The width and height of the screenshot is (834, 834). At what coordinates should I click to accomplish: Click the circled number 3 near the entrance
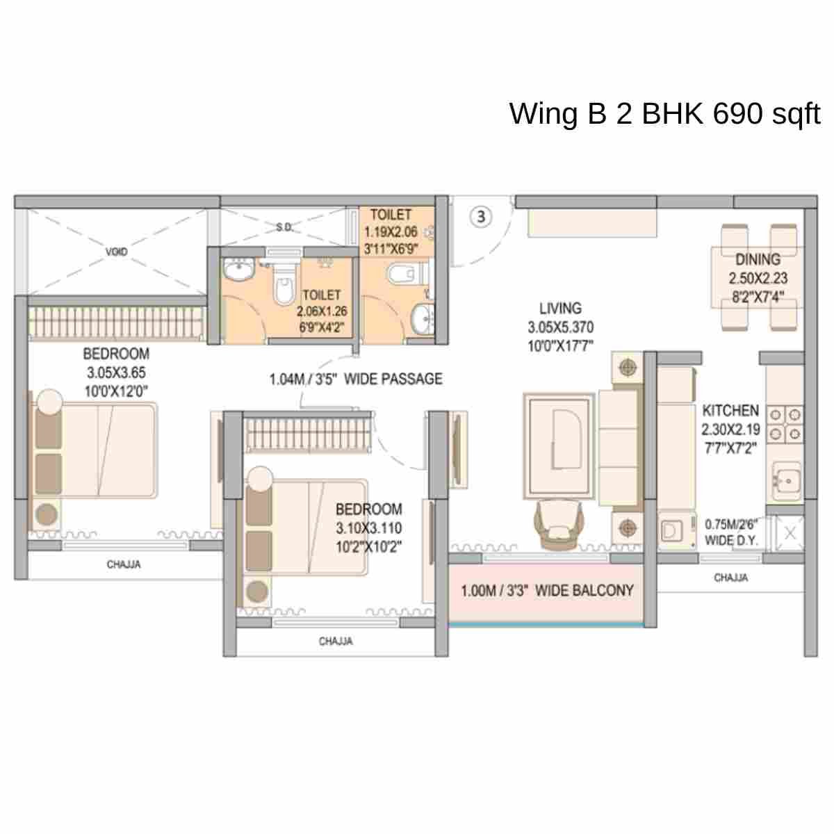pos(482,217)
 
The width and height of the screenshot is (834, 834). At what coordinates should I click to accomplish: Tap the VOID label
pos(117,251)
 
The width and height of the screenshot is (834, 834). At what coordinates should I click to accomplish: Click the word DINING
pos(758,259)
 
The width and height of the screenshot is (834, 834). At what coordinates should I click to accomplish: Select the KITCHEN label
pos(730,410)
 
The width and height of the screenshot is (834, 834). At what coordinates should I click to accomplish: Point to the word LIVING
pos(560,308)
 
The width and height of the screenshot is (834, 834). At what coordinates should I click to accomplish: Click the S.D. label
pos(284,227)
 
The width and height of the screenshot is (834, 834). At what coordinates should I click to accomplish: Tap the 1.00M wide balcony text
pos(547,591)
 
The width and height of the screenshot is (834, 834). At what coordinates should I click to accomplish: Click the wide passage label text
pos(356,379)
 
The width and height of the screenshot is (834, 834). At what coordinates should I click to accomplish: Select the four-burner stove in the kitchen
pos(785,425)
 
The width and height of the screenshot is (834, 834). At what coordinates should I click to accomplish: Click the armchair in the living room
pos(560,525)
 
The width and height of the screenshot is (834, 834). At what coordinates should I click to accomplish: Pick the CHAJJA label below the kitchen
pos(730,578)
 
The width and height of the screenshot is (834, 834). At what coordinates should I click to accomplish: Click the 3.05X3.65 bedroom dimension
pos(116,373)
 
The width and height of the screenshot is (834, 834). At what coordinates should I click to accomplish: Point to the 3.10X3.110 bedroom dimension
pos(368,528)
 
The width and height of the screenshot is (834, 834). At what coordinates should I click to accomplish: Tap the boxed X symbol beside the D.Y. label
pos(790,533)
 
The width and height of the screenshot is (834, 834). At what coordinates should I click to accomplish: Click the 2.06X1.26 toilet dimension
pos(321,312)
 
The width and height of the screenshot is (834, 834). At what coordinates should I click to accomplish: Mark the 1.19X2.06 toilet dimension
pos(391,232)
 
